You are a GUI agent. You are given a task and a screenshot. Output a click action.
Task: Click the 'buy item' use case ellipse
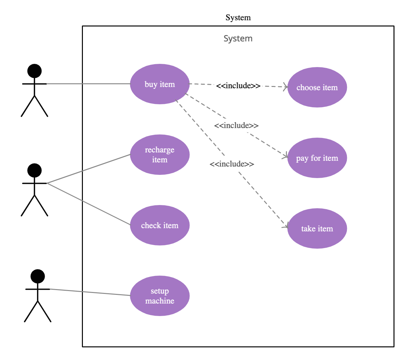160,84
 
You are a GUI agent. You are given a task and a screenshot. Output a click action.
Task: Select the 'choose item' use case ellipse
317,87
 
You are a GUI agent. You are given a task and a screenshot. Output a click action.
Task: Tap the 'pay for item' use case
317,158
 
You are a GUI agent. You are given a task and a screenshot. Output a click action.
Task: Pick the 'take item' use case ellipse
317,228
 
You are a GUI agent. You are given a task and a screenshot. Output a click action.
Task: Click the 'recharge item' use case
160,155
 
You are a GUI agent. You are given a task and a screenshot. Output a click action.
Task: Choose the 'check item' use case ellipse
160,225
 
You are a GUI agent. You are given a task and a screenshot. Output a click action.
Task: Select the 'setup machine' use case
160,296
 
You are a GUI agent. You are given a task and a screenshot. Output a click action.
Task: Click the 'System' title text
238,39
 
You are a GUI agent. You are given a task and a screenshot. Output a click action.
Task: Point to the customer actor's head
34,71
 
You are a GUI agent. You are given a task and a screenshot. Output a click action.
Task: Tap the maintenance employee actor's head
34,170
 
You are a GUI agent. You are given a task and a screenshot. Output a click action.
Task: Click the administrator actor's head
38,276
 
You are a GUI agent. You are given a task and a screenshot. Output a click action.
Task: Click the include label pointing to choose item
238,86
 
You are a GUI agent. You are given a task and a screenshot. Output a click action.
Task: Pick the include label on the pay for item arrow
236,125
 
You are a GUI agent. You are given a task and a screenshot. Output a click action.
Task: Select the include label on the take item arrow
232,164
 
